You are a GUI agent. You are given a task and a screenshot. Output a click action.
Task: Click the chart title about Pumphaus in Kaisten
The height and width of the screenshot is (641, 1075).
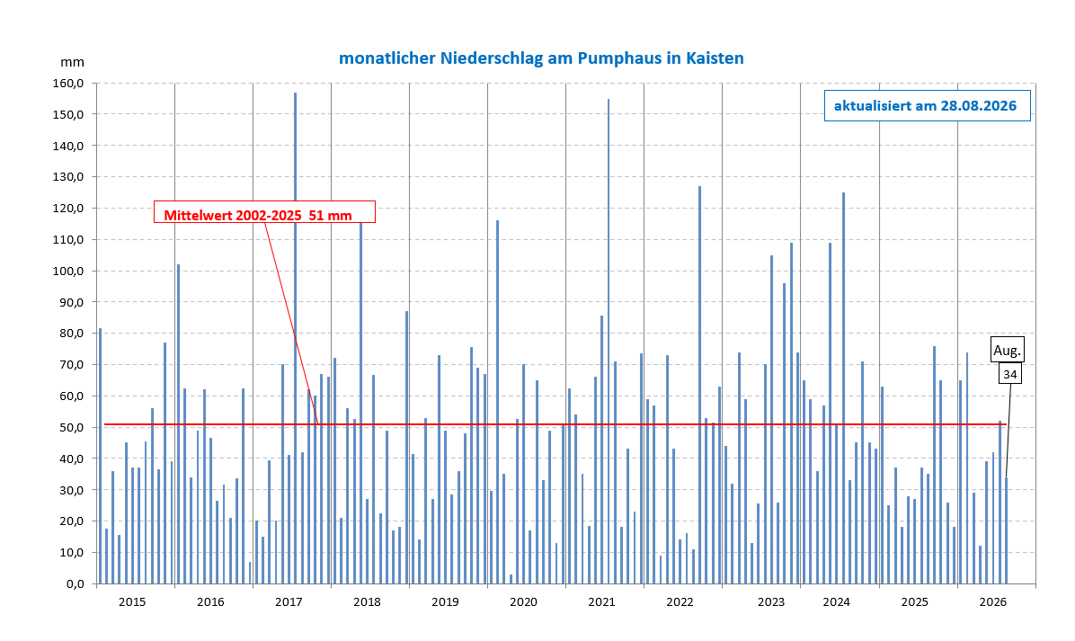[541, 58]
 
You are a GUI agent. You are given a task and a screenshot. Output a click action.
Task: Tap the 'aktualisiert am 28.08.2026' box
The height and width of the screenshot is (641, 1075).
[927, 105]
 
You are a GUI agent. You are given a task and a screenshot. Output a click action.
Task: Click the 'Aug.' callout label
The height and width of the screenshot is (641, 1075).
[1007, 350]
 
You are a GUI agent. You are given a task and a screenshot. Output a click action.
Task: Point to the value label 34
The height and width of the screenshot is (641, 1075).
[1010, 374]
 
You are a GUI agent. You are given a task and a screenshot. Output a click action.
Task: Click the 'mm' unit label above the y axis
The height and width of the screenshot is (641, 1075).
[72, 62]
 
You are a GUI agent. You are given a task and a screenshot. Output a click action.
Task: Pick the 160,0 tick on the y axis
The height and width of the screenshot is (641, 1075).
[68, 83]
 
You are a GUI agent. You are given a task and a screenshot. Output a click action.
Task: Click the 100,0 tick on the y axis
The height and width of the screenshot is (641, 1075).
[68, 271]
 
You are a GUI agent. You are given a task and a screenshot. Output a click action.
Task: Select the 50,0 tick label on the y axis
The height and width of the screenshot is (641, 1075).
[71, 427]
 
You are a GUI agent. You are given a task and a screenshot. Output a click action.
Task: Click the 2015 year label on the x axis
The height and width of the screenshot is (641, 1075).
[132, 602]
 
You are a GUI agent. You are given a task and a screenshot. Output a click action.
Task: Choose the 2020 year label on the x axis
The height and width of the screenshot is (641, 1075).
[524, 602]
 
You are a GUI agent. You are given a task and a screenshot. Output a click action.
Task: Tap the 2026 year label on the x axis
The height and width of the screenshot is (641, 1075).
[992, 602]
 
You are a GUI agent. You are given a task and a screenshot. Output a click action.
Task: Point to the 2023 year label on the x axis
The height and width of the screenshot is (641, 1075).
[771, 602]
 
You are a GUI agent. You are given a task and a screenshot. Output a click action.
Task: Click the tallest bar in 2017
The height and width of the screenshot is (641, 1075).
[296, 338]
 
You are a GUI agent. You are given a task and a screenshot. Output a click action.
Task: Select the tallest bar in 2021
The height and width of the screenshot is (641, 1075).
[609, 342]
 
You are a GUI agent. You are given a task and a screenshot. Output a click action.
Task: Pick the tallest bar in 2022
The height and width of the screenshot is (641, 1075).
[699, 385]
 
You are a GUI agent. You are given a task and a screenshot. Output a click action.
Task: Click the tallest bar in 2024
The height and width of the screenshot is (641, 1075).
[843, 388]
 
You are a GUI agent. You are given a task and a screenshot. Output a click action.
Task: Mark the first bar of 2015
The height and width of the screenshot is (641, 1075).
[100, 456]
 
